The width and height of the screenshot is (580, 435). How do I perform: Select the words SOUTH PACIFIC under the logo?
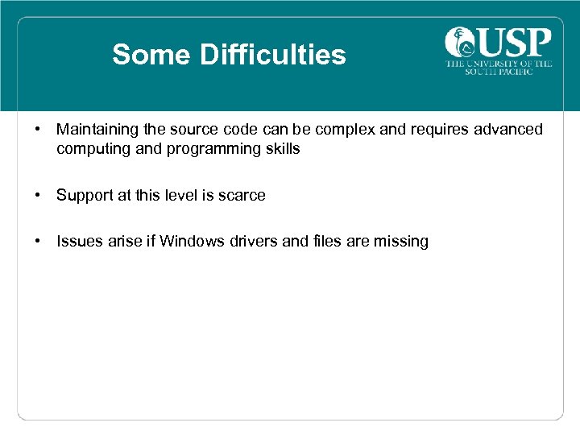click(499, 72)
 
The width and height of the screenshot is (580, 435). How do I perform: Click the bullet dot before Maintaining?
click(38, 130)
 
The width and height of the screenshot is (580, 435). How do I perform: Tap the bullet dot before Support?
click(38, 196)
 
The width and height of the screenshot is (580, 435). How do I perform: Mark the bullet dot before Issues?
click(38, 242)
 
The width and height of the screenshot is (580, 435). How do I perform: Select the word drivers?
click(259, 242)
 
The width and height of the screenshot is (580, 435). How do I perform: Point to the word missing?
click(401, 242)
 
